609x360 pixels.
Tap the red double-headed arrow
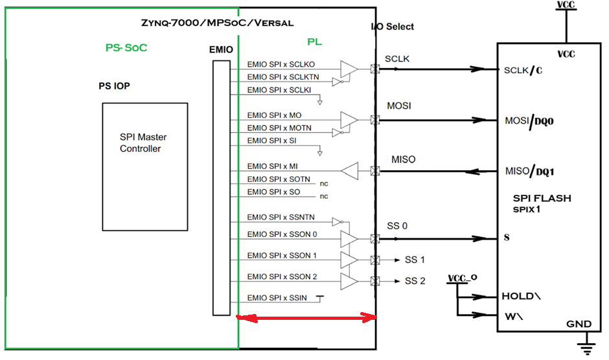pos(306,317)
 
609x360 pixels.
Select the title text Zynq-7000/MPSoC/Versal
pos(217,23)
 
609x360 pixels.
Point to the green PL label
pos(314,42)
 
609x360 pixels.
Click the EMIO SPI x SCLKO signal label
pos(281,65)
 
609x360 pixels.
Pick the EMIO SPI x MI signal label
pos(272,166)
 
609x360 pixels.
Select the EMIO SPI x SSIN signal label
pos(277,297)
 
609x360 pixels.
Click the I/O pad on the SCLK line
pos(374,69)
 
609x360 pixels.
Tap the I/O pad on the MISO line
pos(374,172)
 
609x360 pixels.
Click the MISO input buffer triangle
pos(349,172)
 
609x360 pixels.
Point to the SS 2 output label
pos(415,281)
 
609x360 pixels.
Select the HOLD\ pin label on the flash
pos(522,296)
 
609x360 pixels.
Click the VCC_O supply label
pos(463,278)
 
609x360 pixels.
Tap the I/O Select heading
pos(393,27)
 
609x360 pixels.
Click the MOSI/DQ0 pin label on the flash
pos(529,121)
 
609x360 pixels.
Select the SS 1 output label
pos(415,260)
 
